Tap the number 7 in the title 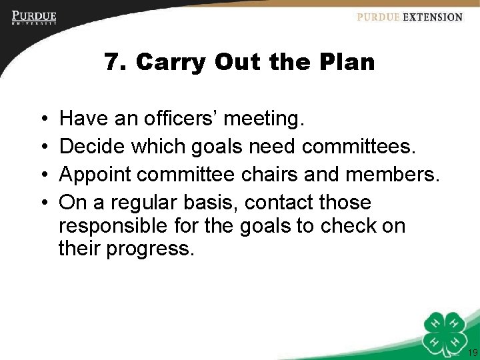[x=112, y=63]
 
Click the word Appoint [x=99, y=175]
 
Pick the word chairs [x=278, y=175]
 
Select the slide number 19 [x=473, y=353]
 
